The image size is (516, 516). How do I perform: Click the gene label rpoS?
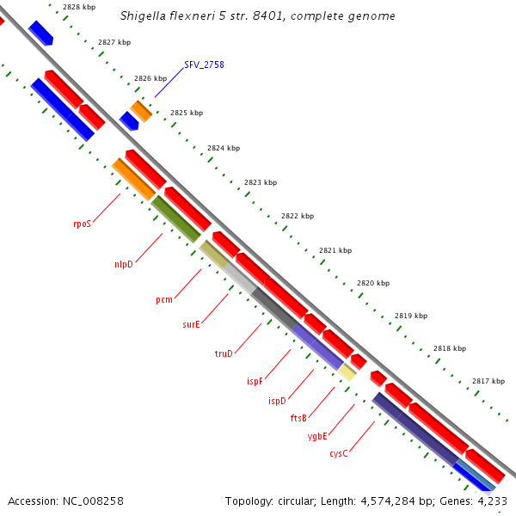point(82,223)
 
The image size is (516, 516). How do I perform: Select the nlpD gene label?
point(124,264)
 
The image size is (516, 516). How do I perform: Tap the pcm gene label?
point(164,299)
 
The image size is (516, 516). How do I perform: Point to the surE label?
point(191,324)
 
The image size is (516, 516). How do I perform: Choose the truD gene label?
point(224,353)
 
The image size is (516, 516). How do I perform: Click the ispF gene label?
point(255,380)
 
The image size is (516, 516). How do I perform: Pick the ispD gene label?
point(277,401)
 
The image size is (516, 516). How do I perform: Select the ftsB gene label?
point(298,418)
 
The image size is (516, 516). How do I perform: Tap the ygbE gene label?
point(317,436)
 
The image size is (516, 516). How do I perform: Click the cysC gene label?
point(339,453)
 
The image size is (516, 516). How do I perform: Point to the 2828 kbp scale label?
point(79,7)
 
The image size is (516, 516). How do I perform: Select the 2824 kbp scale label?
point(223,148)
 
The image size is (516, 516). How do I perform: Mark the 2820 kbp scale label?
point(373,283)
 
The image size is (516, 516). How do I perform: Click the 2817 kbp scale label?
point(488,381)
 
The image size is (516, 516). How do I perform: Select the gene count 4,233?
point(492,501)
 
